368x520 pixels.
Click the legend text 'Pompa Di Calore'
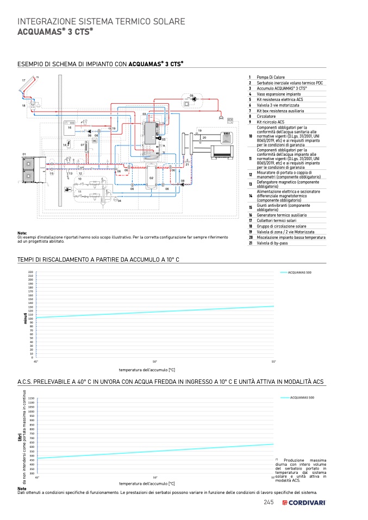pyautogui.click(x=271, y=78)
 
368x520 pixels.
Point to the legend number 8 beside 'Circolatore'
pyautogui.click(x=250, y=116)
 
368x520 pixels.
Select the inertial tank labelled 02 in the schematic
pyautogui.click(x=152, y=178)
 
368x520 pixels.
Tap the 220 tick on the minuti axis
pyautogui.click(x=30, y=272)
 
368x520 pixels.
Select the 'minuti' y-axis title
pyautogui.click(x=24, y=319)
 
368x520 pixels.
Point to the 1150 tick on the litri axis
pyautogui.click(x=31, y=398)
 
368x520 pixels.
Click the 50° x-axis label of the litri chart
pyautogui.click(x=155, y=478)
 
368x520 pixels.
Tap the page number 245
pyautogui.click(x=268, y=502)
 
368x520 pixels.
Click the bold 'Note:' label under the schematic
pyautogui.click(x=22, y=233)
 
